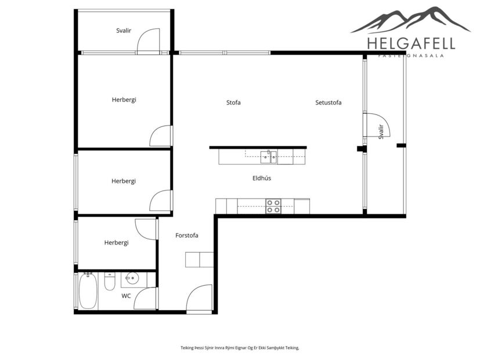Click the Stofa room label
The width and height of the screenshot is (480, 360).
233,103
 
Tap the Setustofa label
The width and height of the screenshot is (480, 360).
328,103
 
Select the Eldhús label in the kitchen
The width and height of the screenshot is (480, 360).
261,178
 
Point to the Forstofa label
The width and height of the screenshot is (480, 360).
187,236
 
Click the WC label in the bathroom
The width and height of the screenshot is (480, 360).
126,296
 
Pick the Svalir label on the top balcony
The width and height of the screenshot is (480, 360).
124,31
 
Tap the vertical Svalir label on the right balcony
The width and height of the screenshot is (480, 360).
381,132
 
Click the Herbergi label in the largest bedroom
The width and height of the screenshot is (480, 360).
124,100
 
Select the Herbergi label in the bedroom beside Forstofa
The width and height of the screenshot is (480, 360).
116,243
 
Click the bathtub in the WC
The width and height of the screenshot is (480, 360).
88,291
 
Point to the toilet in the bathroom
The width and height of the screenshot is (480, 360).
110,282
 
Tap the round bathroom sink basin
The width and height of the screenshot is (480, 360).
132,278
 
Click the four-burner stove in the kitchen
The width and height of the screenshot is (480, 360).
273,206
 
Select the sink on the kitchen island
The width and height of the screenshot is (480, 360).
268,156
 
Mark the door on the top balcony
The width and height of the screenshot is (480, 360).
149,41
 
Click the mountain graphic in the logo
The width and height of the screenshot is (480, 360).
410,20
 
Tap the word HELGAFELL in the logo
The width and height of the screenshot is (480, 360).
411,43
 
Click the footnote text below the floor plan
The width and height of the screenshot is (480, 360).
239,348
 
